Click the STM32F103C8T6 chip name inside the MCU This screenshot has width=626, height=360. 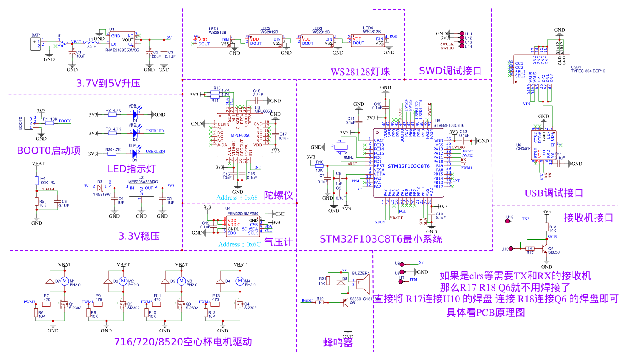409,166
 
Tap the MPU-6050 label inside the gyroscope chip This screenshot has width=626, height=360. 240,135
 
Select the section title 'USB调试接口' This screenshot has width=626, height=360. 554,193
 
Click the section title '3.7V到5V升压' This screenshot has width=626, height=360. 108,83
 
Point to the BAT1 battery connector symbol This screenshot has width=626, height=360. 36,43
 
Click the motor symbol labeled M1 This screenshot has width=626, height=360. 65,281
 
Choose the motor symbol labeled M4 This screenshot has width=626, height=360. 240,281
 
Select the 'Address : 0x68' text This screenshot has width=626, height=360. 237,198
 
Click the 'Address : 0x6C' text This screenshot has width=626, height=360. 240,244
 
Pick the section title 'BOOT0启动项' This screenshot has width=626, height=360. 48,150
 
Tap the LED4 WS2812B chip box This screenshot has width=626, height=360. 368,41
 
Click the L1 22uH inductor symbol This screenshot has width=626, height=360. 91,42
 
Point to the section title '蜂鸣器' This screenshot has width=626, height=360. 338,343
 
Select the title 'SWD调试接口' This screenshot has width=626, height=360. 450,71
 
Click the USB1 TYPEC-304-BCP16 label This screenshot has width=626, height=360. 588,69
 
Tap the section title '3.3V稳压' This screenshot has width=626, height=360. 139,236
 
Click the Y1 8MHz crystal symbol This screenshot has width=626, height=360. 341,147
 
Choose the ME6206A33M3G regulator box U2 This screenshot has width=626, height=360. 141,190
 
